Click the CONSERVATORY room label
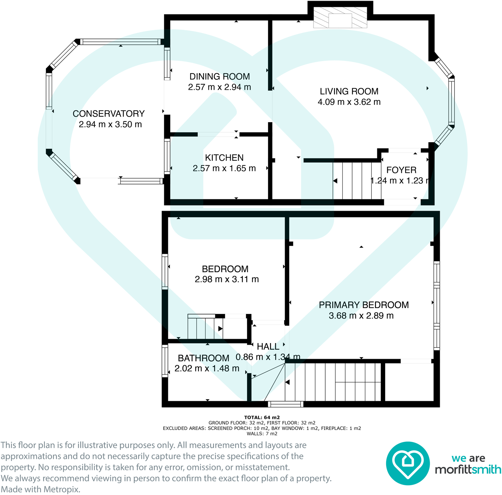[109, 114]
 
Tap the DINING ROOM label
[220, 76]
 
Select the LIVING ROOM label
[349, 91]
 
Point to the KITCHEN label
[224, 158]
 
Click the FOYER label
[401, 170]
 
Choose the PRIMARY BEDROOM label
[364, 305]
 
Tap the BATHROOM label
[204, 358]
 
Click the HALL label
[268, 347]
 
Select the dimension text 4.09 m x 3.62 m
[349, 102]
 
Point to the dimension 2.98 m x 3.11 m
[227, 279]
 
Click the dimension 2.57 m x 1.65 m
[224, 168]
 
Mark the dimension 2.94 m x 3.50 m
[110, 124]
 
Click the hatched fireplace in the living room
[340, 18]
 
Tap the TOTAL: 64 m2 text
[262, 417]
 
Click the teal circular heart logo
[408, 463]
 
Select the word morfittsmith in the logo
[468, 470]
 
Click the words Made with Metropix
[41, 489]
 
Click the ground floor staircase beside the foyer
[357, 181]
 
